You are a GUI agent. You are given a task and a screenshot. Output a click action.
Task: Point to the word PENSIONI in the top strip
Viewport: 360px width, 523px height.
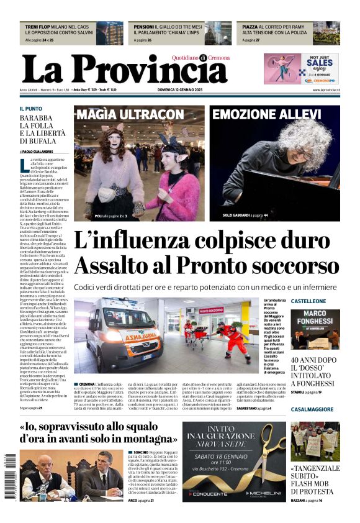click(x=144, y=27)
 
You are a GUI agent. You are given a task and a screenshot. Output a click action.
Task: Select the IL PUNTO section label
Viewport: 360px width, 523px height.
click(x=31, y=109)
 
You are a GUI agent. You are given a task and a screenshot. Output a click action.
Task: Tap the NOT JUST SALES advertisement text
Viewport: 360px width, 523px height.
click(x=320, y=62)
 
